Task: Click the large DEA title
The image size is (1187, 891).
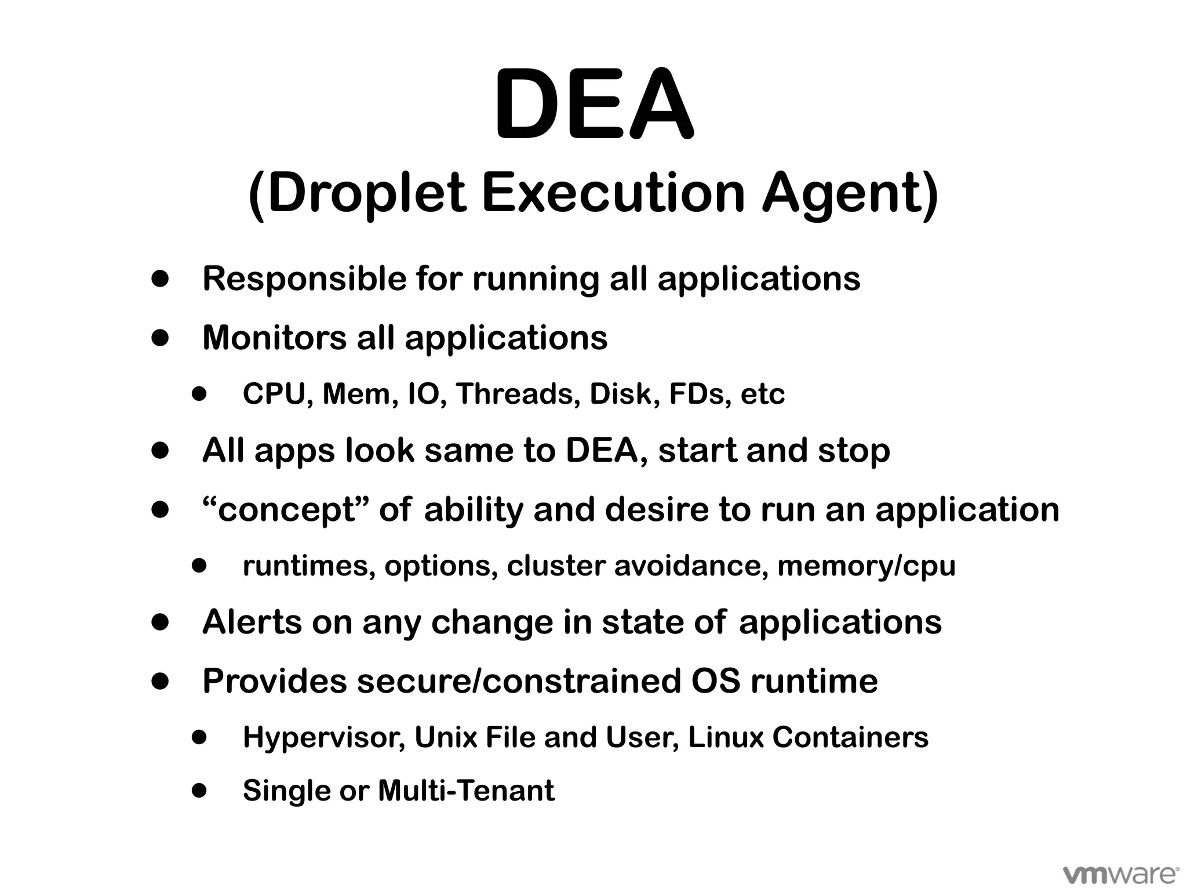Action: [x=593, y=106]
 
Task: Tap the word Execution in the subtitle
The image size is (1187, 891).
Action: [x=613, y=193]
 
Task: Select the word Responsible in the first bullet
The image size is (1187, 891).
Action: [x=304, y=279]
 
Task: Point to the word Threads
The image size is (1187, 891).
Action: [x=518, y=394]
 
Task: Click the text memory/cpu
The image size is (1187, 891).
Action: [x=866, y=567]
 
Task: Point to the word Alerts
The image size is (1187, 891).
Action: [x=252, y=622]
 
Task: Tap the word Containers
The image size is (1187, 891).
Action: [x=850, y=737]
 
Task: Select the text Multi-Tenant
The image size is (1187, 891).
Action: [x=466, y=791]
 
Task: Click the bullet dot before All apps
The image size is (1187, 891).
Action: [x=160, y=451]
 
